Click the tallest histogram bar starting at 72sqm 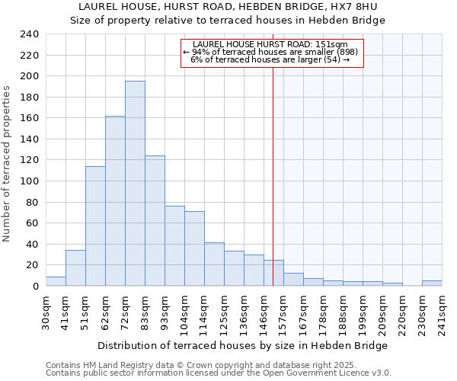click(135, 183)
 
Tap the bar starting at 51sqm click(95, 226)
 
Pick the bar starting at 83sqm click(155, 221)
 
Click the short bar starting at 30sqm click(56, 281)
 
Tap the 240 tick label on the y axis click(29, 34)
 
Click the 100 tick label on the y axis click(29, 181)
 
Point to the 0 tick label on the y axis click(35, 287)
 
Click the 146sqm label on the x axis click(264, 310)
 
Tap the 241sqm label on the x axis click(442, 310)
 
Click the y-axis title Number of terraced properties click(7, 163)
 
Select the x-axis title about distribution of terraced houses click(243, 345)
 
